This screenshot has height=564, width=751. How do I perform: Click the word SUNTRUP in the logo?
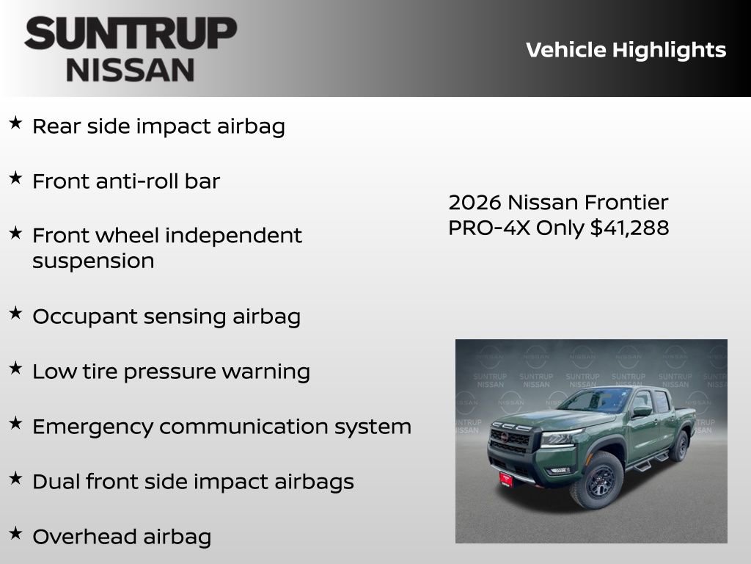[131, 35]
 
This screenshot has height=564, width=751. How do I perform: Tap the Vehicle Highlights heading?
[626, 50]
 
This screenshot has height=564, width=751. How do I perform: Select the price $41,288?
[630, 228]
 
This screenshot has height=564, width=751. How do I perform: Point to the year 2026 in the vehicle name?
[475, 202]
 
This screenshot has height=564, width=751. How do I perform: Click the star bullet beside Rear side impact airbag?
[15, 123]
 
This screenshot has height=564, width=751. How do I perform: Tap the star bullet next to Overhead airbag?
[15, 533]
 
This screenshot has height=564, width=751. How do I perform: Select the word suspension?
[93, 261]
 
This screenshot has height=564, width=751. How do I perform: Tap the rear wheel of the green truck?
[680, 446]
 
